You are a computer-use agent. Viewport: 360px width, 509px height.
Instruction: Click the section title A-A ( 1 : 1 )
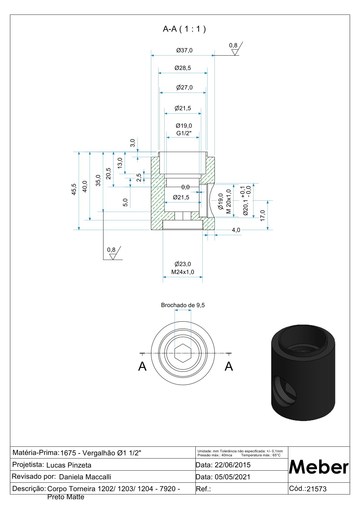coord(184,29)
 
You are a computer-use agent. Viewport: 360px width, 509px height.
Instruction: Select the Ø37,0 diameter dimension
coord(184,50)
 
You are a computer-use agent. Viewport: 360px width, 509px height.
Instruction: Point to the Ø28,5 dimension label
coord(183,68)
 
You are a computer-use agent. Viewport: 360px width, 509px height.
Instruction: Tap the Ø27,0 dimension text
coord(184,88)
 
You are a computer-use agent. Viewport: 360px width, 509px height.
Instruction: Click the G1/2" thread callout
coord(184,133)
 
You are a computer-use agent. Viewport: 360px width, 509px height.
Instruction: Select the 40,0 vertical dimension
coord(85,186)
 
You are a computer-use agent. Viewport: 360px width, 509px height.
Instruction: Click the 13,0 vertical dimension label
coord(120,163)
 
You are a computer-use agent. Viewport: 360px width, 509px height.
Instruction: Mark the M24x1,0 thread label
coord(183,272)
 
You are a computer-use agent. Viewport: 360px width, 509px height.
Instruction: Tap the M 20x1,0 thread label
coord(228,202)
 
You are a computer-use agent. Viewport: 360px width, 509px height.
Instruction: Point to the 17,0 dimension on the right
coord(263,216)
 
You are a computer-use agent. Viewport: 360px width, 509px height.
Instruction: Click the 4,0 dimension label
coord(236,230)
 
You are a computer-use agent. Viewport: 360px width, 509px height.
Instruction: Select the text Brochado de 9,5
coord(183,305)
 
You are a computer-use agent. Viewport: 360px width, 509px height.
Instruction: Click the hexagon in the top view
coord(183,353)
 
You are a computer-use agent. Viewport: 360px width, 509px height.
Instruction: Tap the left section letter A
coord(142,366)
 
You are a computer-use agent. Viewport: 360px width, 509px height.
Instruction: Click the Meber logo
coord(319,467)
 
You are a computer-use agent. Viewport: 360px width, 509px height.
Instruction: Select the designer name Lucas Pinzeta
coord(69,465)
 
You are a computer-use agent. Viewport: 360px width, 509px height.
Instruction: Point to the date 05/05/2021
coord(232,477)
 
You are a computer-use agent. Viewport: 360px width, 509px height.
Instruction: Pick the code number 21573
coord(316,489)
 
